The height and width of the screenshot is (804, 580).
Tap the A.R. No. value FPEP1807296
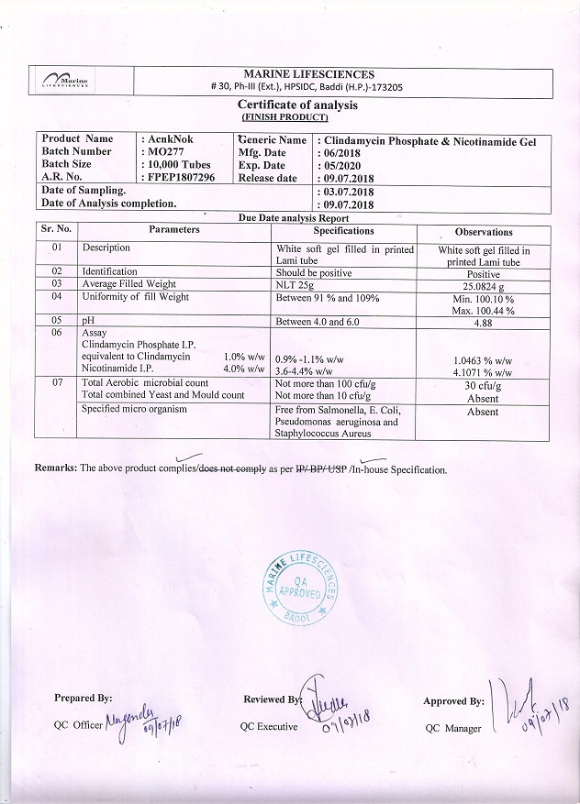pyautogui.click(x=180, y=177)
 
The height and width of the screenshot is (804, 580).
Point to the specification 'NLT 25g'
pyautogui.click(x=296, y=284)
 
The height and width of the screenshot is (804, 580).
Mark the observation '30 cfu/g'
pyautogui.click(x=483, y=385)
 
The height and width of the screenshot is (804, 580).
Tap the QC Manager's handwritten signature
pyautogui.click(x=526, y=702)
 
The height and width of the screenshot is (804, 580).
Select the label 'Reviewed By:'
pyautogui.click(x=272, y=699)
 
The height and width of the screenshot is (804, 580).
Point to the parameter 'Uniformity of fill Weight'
pyautogui.click(x=136, y=297)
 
